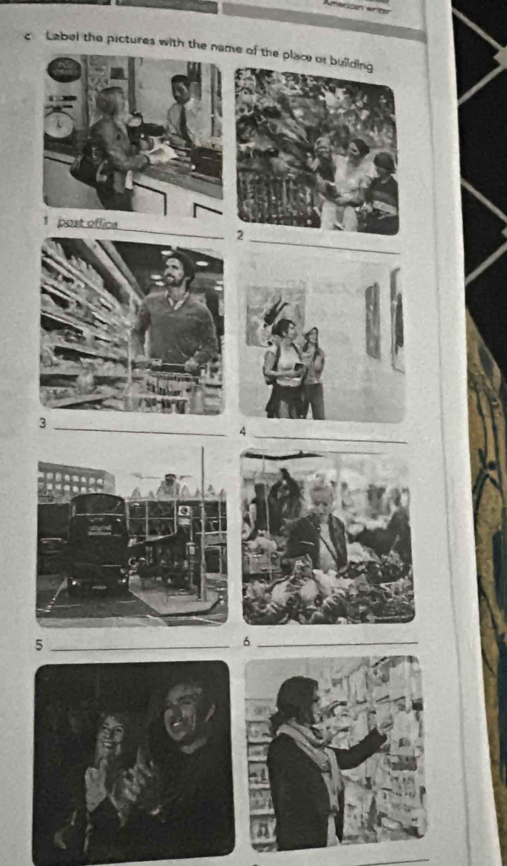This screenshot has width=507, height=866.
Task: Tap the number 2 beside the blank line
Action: [241, 236]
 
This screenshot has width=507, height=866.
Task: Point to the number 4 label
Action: [244, 431]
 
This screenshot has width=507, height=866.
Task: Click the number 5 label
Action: [40, 645]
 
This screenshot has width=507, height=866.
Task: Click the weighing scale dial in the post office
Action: [59, 126]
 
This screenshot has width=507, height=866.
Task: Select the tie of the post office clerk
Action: [184, 124]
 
